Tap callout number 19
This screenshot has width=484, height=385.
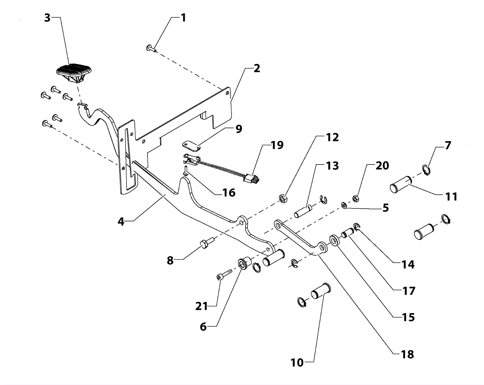tap(277, 145)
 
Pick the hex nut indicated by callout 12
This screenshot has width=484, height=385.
tap(283, 199)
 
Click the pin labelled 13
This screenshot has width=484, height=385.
tap(303, 211)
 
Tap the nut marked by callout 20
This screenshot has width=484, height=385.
tap(356, 199)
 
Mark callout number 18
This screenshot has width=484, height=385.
tap(407, 354)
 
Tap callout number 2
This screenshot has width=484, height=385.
tap(257, 68)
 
